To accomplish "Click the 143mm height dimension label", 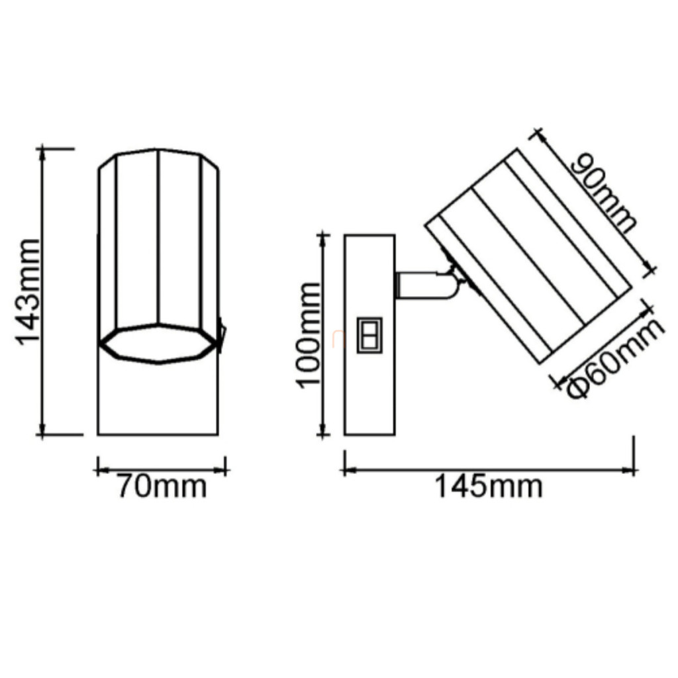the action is pyautogui.click(x=28, y=291).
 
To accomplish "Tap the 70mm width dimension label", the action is pyautogui.click(x=162, y=487).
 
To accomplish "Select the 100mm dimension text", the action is pyautogui.click(x=309, y=336).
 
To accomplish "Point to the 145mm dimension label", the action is pyautogui.click(x=488, y=487).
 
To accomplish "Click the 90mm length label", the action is pyautogui.click(x=605, y=193).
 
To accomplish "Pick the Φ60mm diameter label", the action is pyautogui.click(x=614, y=359).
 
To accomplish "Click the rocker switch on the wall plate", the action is pyautogui.click(x=369, y=335).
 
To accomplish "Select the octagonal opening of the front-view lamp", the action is pyautogui.click(x=159, y=344).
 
